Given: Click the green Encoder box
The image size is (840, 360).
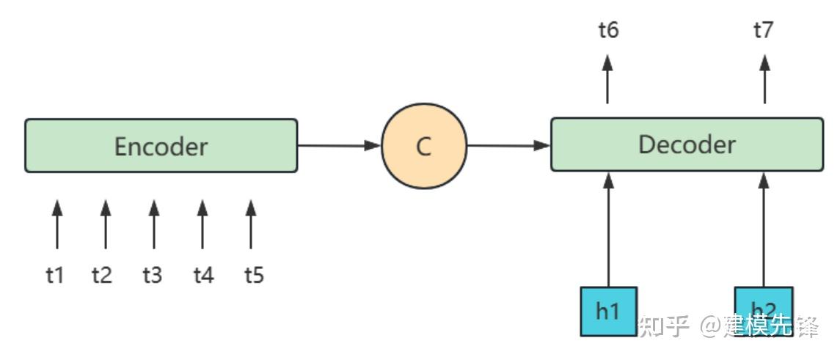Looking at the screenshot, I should pyautogui.click(x=161, y=146).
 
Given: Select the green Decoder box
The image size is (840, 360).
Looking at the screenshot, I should pyautogui.click(x=687, y=144).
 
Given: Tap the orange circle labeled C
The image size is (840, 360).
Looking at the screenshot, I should pyautogui.click(x=424, y=146).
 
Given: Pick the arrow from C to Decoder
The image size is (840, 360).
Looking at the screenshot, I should pyautogui.click(x=508, y=145).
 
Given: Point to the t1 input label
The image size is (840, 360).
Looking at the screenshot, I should pyautogui.click(x=55, y=275).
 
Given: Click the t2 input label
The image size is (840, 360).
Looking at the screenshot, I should pyautogui.click(x=102, y=275).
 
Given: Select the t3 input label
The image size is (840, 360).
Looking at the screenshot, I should pyautogui.click(x=152, y=275).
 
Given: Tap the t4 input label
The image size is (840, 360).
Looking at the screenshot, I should pyautogui.click(x=203, y=275).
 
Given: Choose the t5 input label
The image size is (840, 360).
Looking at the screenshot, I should pyautogui.click(x=254, y=275).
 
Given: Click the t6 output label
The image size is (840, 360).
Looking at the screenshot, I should pyautogui.click(x=608, y=30).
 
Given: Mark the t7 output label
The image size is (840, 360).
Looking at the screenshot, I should pyautogui.click(x=764, y=30).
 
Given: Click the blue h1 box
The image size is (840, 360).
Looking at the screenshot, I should pyautogui.click(x=608, y=311).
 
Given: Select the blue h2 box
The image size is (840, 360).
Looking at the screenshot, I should pyautogui.click(x=764, y=311).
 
